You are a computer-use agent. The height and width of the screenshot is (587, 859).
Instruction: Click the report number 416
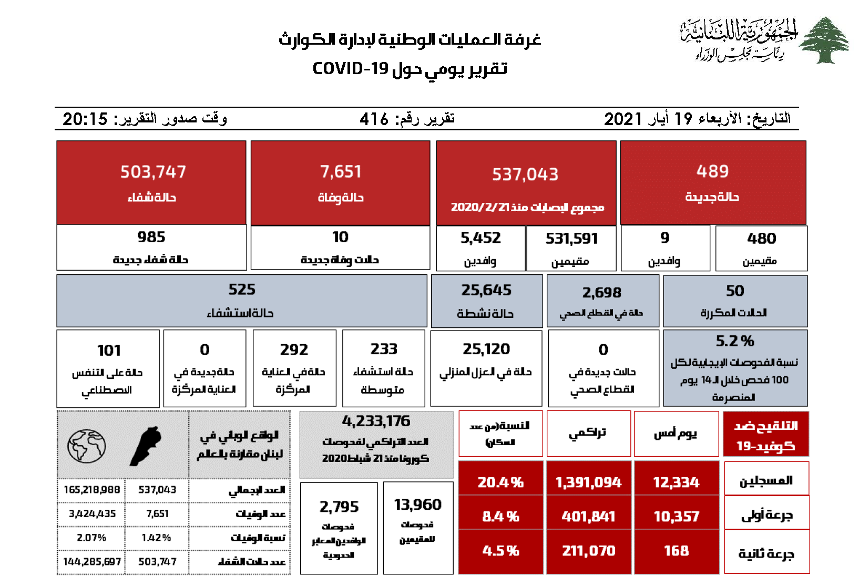point(374,119)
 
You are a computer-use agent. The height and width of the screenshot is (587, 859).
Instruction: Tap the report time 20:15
point(85,119)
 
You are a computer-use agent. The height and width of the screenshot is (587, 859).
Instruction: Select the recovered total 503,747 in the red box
point(153,172)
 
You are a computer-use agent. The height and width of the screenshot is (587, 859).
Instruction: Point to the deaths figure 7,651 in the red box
point(341,172)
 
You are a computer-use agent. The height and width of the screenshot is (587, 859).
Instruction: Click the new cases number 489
point(712,171)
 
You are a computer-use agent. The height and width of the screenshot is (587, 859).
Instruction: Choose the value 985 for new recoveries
point(151,238)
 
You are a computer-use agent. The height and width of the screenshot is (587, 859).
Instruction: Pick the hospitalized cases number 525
point(242,290)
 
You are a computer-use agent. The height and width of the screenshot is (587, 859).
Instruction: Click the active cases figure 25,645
point(486,290)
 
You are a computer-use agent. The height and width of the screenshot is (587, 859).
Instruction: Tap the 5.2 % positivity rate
point(734,342)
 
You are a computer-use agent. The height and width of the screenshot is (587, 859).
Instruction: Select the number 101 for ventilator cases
point(109,351)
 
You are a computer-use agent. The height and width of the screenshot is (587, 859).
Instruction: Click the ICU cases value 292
point(294,350)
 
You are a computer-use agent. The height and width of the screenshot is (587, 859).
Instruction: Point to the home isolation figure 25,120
point(486,349)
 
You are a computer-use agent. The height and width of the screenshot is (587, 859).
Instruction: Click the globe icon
point(87,446)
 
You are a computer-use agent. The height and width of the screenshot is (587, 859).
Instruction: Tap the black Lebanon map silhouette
point(146,446)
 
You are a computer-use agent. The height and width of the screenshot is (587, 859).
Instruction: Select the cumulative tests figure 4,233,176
point(376,421)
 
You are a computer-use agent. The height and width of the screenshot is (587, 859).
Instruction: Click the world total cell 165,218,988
point(91,490)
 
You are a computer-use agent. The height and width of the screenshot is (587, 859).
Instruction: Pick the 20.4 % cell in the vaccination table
point(500,482)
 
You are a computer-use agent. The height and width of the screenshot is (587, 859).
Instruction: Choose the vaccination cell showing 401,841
point(588,517)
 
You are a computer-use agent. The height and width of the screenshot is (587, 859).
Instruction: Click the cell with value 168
point(676,551)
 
